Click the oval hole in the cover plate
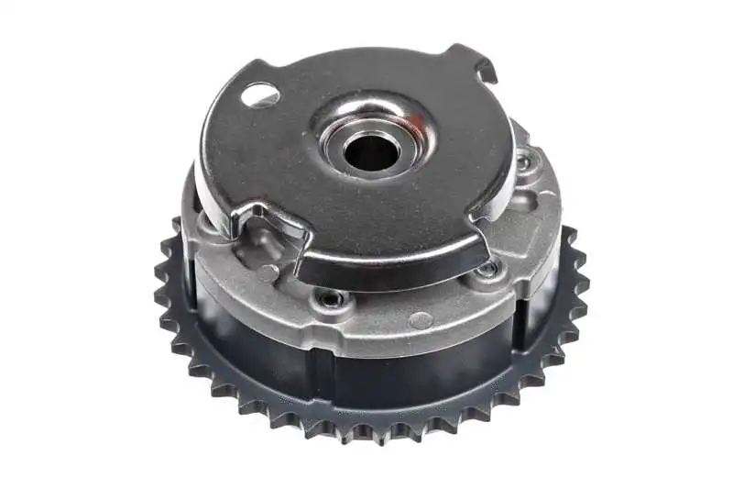[x=259, y=94]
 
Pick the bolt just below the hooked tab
[x=523, y=162]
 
